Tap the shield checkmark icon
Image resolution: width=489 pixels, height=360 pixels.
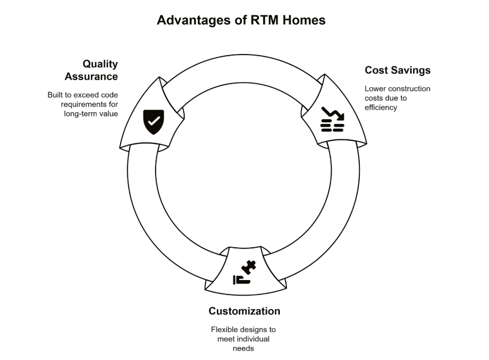(153, 122)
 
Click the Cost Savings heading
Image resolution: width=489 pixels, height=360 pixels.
(397, 70)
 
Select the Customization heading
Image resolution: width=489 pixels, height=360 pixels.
(244, 311)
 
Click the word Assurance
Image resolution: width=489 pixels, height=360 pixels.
(92, 77)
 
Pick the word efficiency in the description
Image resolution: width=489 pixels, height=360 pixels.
(381, 107)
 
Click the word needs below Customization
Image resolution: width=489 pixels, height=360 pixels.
(243, 348)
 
